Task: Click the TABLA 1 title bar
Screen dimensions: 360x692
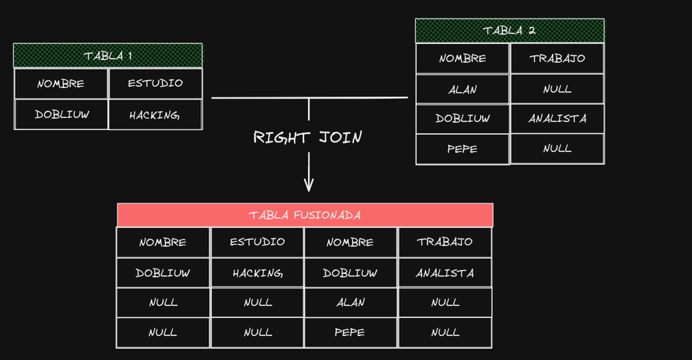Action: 107,55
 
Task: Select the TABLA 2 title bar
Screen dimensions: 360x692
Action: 509,31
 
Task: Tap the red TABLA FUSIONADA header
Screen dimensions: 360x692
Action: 305,215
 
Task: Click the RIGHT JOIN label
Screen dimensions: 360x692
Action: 307,137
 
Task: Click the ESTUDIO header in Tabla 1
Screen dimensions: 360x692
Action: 155,83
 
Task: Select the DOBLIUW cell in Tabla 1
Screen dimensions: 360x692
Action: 61,114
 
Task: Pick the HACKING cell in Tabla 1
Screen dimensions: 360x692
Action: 155,115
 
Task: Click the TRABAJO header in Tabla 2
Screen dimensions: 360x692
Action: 557,58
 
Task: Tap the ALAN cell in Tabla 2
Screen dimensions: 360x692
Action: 463,89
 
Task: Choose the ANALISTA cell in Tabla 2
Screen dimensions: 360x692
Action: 557,119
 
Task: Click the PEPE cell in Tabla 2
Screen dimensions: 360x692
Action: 463,149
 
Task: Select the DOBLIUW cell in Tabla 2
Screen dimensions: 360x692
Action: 463,119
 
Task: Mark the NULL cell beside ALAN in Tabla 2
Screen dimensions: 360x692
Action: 557,89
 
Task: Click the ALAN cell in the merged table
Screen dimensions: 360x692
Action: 351,302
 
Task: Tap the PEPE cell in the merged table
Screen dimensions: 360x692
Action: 351,332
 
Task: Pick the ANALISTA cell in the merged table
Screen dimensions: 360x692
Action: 445,273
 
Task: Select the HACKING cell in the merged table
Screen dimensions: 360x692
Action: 257,273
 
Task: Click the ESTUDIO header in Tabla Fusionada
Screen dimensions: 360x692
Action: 257,242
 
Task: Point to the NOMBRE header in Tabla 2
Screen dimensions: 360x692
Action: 463,58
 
